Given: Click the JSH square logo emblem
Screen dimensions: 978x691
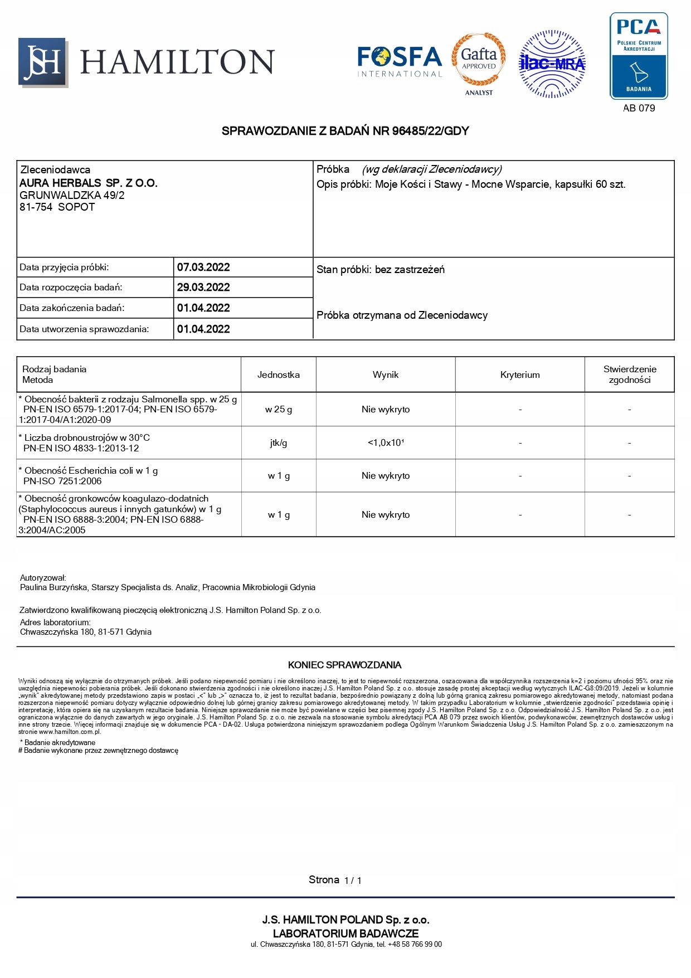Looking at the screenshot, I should coord(43,62).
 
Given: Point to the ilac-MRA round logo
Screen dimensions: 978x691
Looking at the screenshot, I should coord(552,64).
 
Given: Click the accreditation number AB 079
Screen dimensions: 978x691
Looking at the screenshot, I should coord(639,108).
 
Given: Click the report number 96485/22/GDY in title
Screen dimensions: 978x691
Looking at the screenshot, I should coord(430,131).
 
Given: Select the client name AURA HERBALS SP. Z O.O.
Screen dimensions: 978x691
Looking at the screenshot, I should coord(89,183).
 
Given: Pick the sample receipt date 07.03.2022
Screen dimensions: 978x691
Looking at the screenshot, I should coord(203,267).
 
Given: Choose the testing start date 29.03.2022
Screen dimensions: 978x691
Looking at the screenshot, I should coord(203,288).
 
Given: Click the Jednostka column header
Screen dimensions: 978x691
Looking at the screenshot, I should coord(278,375).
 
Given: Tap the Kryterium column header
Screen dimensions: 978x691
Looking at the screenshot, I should coord(520,375).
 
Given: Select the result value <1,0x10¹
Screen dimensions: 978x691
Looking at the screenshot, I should coord(386,443).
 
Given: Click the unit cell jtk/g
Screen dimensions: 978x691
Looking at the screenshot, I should coord(278,443).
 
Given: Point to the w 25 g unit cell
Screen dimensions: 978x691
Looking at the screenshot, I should coord(278,410).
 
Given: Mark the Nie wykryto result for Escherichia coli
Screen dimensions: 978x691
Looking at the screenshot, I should coord(386,476).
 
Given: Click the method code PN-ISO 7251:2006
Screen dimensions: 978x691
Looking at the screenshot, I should coord(62,481).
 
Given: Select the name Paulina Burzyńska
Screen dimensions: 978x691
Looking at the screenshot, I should coord(53,587).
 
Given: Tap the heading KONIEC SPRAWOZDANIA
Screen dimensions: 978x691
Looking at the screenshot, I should coord(344,665).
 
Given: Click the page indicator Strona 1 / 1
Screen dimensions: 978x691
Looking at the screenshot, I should coord(335,880).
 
